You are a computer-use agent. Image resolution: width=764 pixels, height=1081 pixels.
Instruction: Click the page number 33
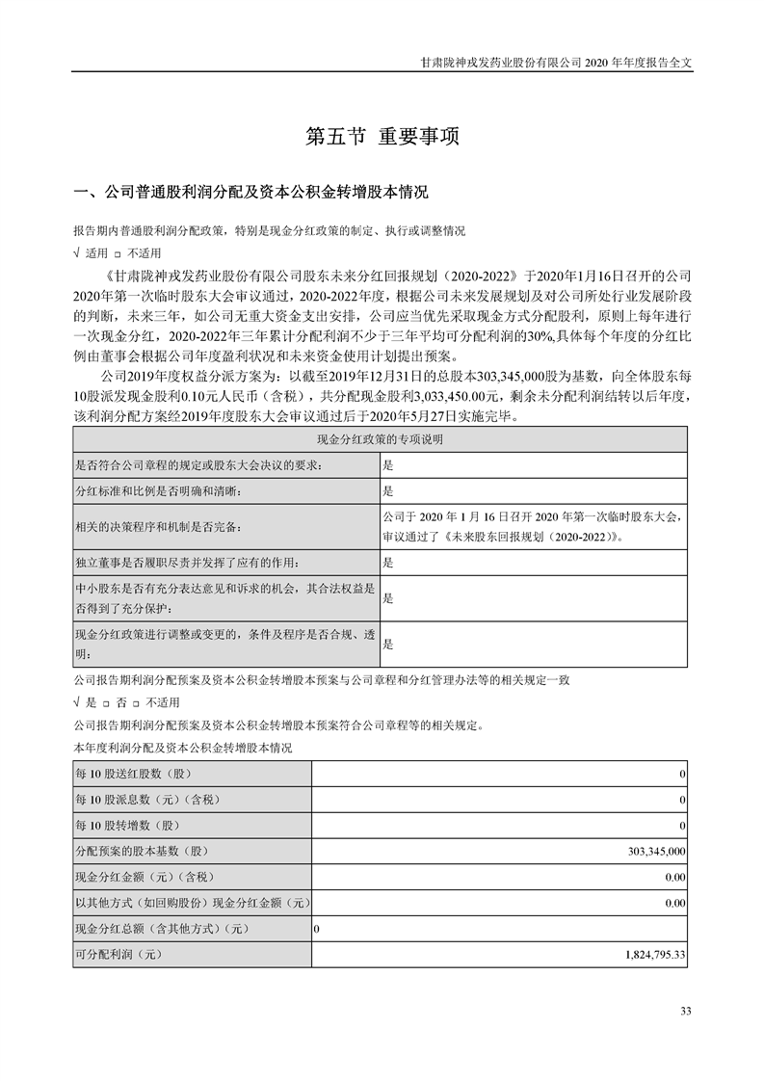click(x=686, y=1011)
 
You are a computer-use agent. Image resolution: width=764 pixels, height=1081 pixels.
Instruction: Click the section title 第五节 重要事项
click(x=382, y=137)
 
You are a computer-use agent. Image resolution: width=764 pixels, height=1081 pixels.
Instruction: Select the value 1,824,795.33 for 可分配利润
click(x=647, y=955)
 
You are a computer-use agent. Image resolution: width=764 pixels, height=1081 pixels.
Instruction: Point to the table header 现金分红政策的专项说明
click(x=381, y=439)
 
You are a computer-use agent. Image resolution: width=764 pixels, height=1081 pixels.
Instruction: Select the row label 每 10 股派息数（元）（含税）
click(x=145, y=801)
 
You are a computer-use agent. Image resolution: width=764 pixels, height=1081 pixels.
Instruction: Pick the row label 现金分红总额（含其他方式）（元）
click(x=162, y=930)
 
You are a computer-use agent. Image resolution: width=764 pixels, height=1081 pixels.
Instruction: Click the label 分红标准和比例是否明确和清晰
click(x=158, y=490)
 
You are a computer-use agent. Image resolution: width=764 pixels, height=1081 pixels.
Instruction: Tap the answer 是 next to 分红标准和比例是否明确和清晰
click(x=388, y=490)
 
